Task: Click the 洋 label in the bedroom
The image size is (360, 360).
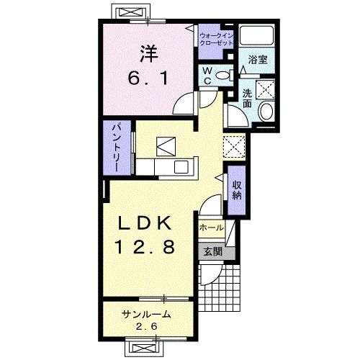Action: (149, 54)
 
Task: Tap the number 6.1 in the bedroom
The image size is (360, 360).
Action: (148, 78)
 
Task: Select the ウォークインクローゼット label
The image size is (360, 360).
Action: (216, 40)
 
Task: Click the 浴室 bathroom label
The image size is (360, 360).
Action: (258, 60)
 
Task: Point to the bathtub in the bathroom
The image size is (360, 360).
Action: (257, 35)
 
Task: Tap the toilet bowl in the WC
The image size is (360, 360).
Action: (222, 76)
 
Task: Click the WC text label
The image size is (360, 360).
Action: (207, 76)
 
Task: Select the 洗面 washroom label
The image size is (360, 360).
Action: (247, 99)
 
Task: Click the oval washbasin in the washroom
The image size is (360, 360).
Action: (266, 111)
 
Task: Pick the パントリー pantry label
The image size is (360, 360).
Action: (117, 148)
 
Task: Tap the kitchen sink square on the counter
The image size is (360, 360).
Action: (181, 167)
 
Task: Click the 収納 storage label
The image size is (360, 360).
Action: (237, 190)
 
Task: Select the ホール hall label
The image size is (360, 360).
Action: (212, 228)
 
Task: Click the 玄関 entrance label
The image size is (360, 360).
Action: (213, 252)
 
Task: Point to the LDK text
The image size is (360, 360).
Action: (145, 223)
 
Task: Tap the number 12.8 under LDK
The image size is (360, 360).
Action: (145, 247)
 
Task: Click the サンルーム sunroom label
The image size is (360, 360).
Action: (146, 314)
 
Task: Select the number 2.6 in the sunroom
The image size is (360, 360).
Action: (147, 326)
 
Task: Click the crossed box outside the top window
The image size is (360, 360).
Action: (129, 12)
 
